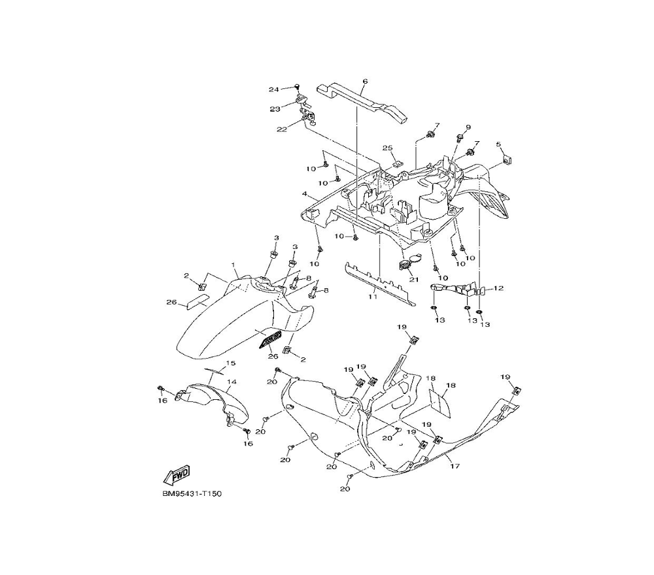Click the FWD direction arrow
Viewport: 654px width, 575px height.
tap(176, 474)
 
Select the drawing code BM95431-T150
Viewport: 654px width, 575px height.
tap(192, 494)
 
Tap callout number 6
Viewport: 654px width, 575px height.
tap(364, 82)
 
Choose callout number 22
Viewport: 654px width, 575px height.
tap(282, 129)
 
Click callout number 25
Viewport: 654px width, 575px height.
tap(387, 148)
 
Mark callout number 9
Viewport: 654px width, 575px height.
tap(468, 127)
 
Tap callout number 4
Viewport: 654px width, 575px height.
tap(305, 194)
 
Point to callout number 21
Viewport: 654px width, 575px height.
tap(413, 280)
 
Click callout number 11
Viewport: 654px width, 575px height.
tap(372, 297)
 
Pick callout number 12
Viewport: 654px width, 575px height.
tap(499, 288)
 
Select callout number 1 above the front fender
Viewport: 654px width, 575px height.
tap(233, 264)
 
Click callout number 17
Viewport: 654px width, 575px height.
tap(451, 466)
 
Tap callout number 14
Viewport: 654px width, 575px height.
tap(231, 382)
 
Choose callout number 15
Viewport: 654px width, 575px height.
tap(230, 363)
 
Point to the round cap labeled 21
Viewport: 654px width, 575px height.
tap(405, 264)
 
